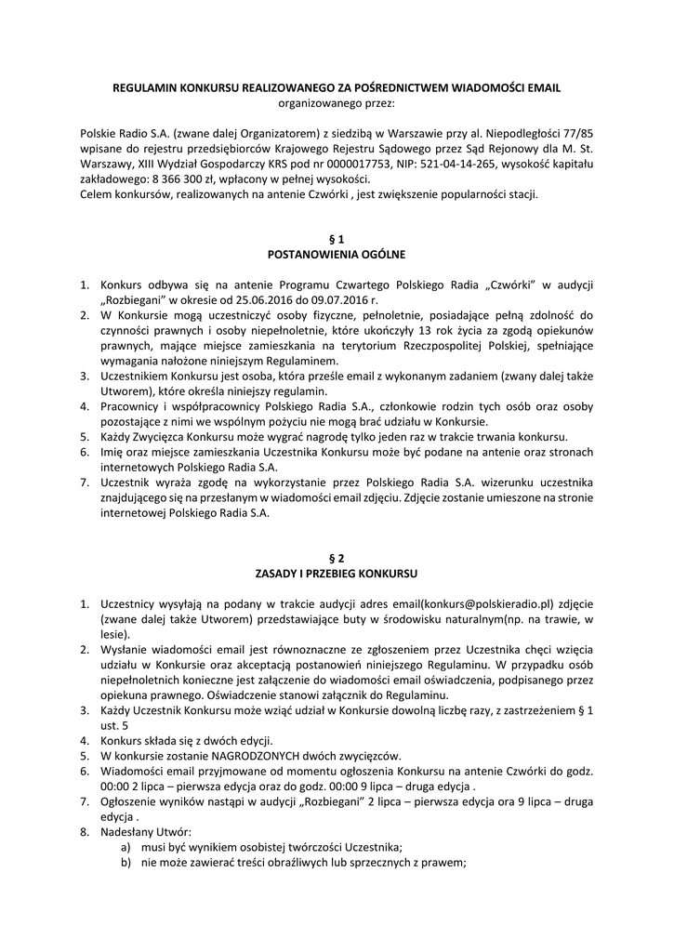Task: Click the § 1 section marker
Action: (x=337, y=238)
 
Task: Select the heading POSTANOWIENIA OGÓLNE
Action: (x=337, y=253)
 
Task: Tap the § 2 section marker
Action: (x=337, y=559)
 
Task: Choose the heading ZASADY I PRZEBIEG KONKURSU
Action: (x=337, y=574)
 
